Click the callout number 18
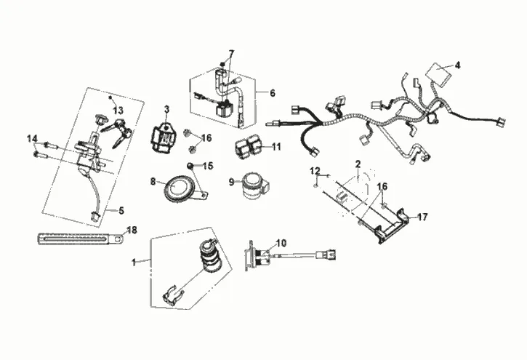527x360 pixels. [132, 230]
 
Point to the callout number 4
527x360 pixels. [458, 65]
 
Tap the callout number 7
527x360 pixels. [232, 54]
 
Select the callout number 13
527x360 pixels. [118, 110]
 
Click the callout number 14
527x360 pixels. [31, 138]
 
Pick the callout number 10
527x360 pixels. [281, 242]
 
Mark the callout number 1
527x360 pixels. [134, 260]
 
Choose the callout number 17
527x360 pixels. [423, 216]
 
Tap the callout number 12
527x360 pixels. [315, 170]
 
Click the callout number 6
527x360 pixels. [272, 93]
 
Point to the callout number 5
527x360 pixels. [121, 210]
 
